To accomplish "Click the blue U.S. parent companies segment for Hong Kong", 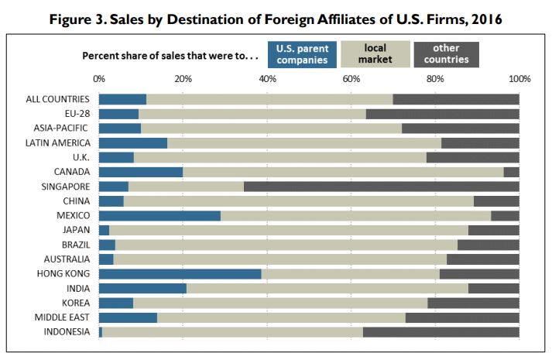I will [180, 273].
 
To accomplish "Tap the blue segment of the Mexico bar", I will [159, 215].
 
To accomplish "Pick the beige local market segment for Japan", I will [288, 230].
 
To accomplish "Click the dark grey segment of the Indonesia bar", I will [441, 332].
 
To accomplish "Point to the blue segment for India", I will [142, 288].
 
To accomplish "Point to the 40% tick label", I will [266, 79].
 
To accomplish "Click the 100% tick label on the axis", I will [519, 79].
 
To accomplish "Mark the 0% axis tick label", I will [98, 79].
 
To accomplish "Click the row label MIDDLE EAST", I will [62, 317].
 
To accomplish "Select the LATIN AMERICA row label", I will [58, 142].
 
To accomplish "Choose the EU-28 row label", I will [75, 114].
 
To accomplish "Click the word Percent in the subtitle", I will [99, 57].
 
